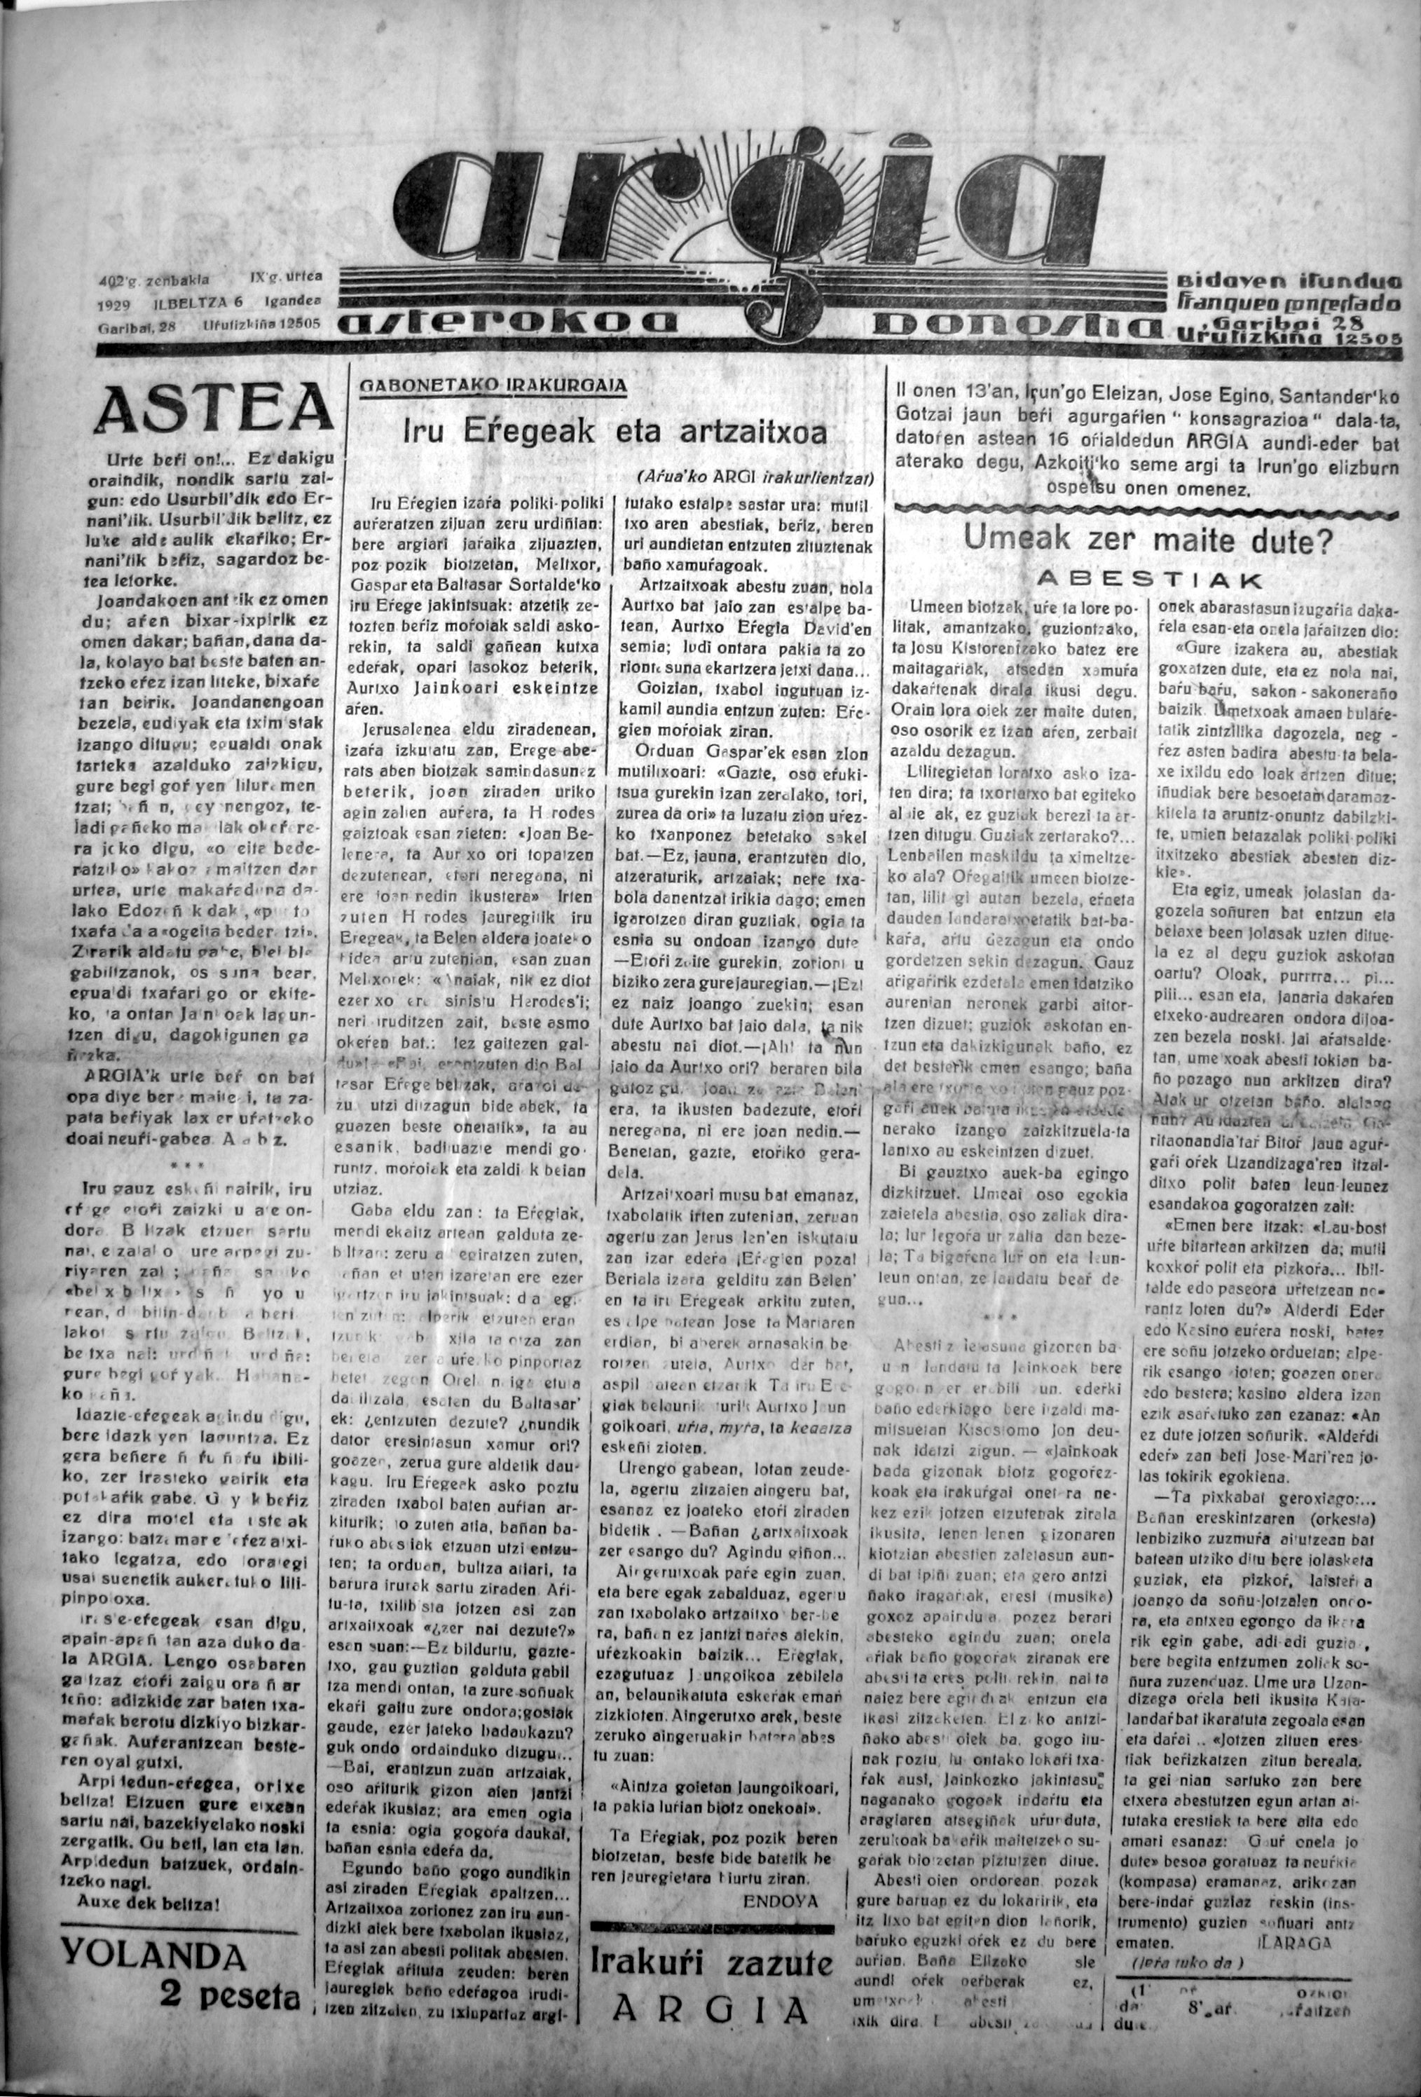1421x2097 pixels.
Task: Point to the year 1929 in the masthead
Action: point(116,306)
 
